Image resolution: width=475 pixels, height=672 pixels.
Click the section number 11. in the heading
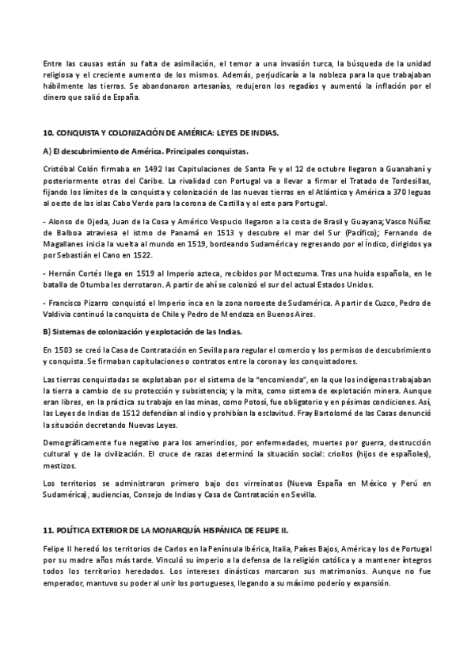pos(47,527)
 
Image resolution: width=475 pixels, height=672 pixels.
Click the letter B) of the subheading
pos(47,331)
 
